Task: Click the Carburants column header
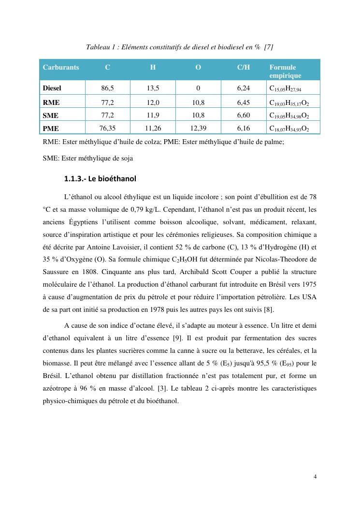click(x=61, y=67)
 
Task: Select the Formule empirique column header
click(x=285, y=71)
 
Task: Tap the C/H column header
click(x=244, y=67)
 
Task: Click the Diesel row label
click(x=52, y=88)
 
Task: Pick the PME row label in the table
click(x=51, y=129)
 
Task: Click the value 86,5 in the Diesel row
click(x=107, y=88)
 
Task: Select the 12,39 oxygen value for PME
click(x=198, y=128)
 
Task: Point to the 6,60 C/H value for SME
click(x=244, y=115)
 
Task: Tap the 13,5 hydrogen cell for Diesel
click(x=153, y=88)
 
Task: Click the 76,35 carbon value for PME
click(x=107, y=128)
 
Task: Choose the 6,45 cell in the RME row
click(x=244, y=102)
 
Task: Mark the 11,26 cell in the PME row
click(x=153, y=128)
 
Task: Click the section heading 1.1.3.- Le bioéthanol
click(x=100, y=179)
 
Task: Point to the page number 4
click(x=315, y=477)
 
